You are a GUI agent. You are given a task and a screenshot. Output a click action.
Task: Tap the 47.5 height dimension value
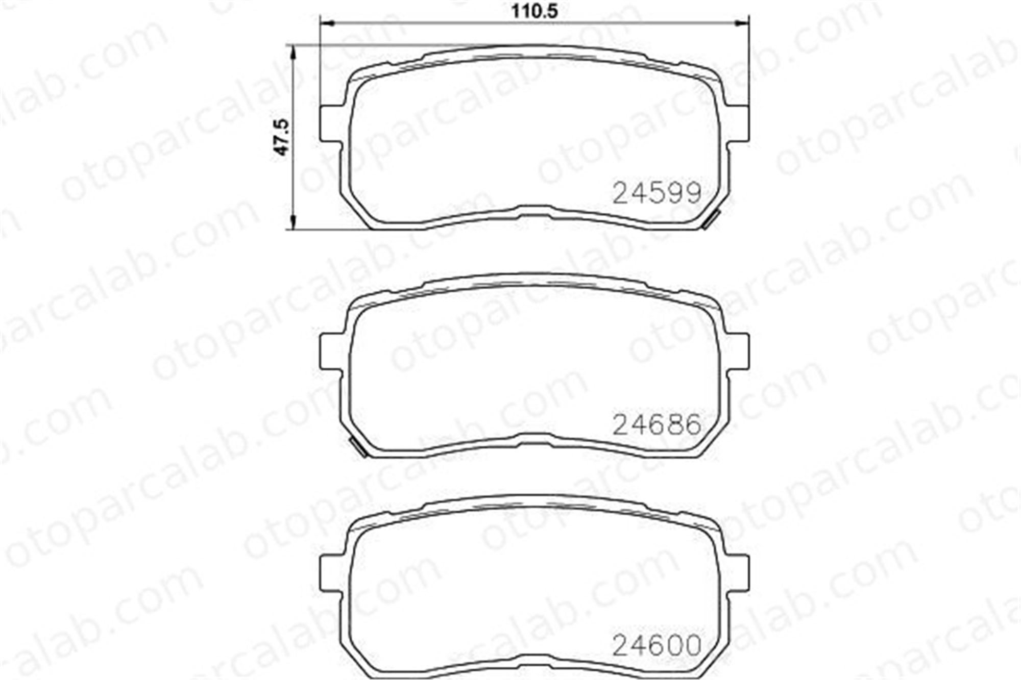coord(281,136)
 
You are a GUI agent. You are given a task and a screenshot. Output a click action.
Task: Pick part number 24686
coord(657,424)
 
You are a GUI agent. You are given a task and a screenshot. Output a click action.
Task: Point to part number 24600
coord(657,646)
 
